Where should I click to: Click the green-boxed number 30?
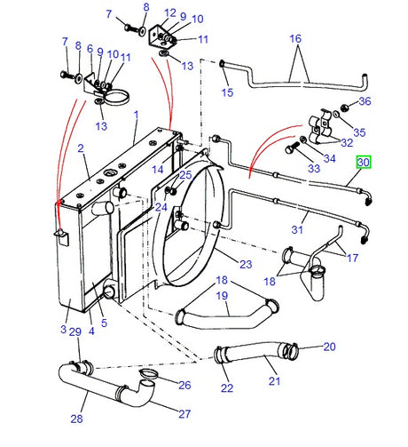[x=364, y=163]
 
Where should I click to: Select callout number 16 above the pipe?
[x=295, y=38]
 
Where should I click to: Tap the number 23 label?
[x=246, y=264]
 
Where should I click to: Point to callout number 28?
[x=76, y=419]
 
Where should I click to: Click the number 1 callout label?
[x=136, y=115]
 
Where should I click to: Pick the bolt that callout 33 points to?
[x=291, y=148]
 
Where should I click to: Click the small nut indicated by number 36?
[x=344, y=108]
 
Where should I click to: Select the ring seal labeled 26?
[x=148, y=374]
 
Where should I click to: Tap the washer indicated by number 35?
[x=336, y=114]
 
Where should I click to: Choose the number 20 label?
[x=329, y=347]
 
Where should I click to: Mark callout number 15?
[x=227, y=92]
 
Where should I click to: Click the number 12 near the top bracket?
[x=170, y=13]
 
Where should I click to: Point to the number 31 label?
[x=297, y=229]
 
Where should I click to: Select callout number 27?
[x=184, y=414]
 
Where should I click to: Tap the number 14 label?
[x=158, y=170]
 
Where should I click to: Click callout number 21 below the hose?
[x=274, y=381]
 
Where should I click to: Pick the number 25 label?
[x=185, y=175]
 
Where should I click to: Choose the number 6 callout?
[x=90, y=49]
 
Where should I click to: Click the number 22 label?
[x=227, y=388]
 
